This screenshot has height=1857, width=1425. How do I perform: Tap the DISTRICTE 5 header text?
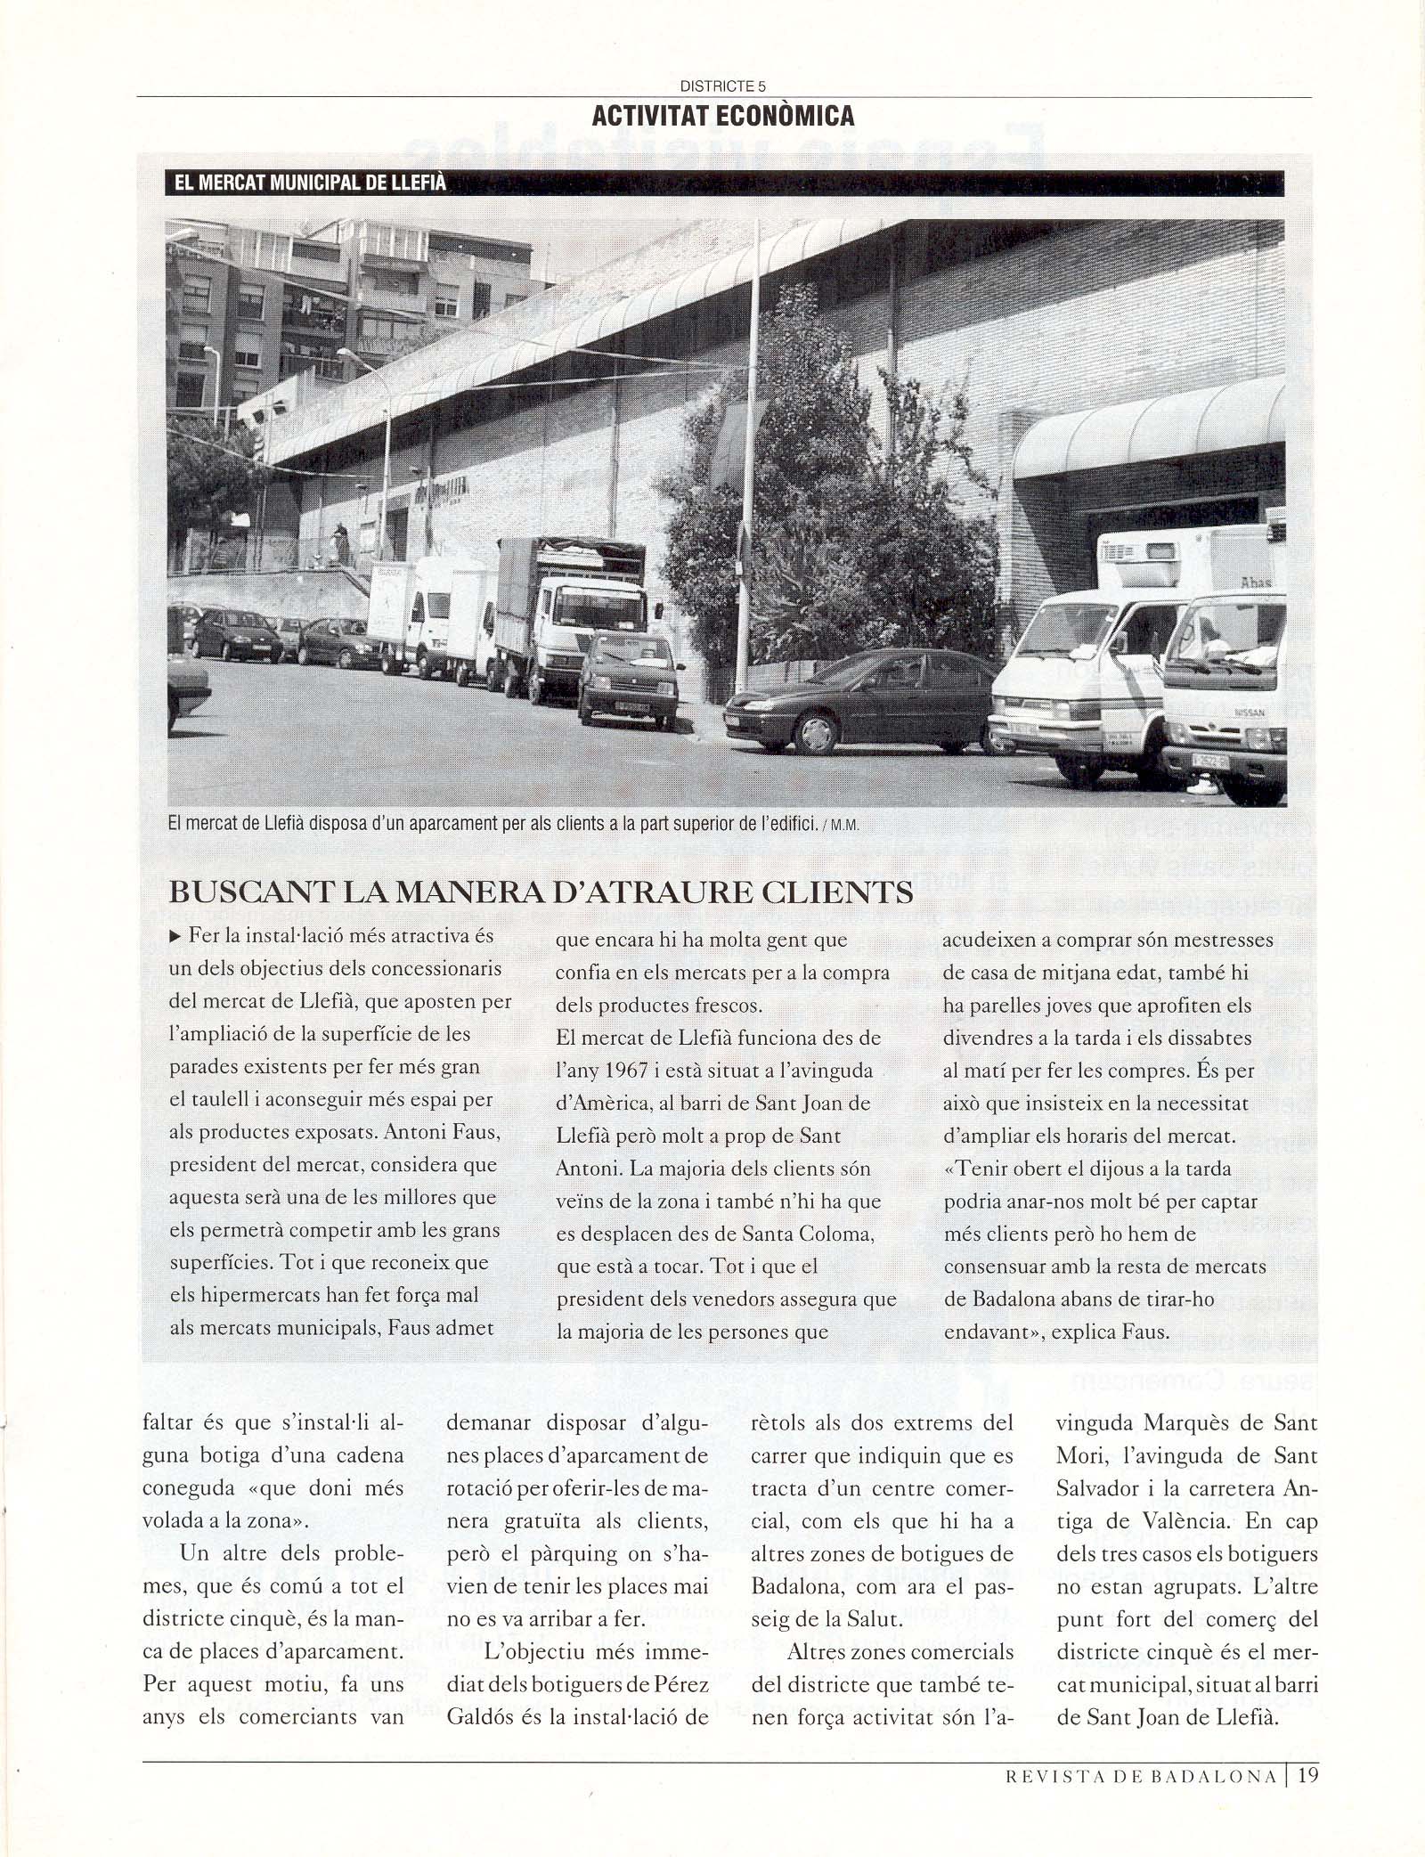pyautogui.click(x=722, y=86)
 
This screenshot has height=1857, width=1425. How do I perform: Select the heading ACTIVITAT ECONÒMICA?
pyautogui.click(x=723, y=115)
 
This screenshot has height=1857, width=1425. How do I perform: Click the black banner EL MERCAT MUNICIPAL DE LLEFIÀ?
pyautogui.click(x=311, y=184)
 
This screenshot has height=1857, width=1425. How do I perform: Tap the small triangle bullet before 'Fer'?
pyautogui.click(x=175, y=936)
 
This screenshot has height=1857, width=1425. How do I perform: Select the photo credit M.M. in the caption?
pyautogui.click(x=844, y=825)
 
